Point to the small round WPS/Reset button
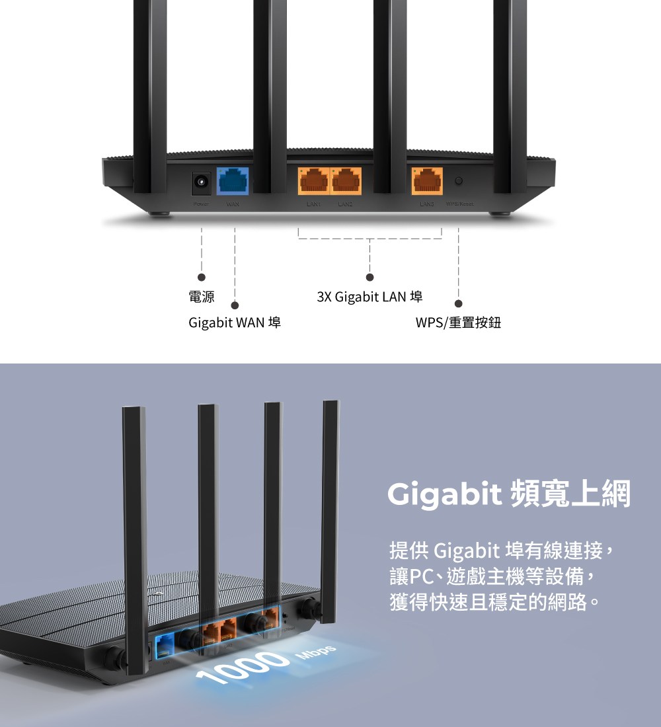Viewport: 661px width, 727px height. coord(459,181)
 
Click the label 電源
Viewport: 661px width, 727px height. coord(202,297)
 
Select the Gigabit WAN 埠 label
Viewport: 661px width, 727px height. coord(235,323)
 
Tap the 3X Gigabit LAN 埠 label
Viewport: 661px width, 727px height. coord(369,297)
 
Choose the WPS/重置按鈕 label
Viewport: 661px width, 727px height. coord(458,323)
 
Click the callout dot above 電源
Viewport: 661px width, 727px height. coord(202,277)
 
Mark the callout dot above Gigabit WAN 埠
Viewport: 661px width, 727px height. coord(235,305)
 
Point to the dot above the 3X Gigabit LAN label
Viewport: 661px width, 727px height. coord(370,277)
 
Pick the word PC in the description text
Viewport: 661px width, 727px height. coord(421,576)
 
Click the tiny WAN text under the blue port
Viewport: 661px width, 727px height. coord(232,203)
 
